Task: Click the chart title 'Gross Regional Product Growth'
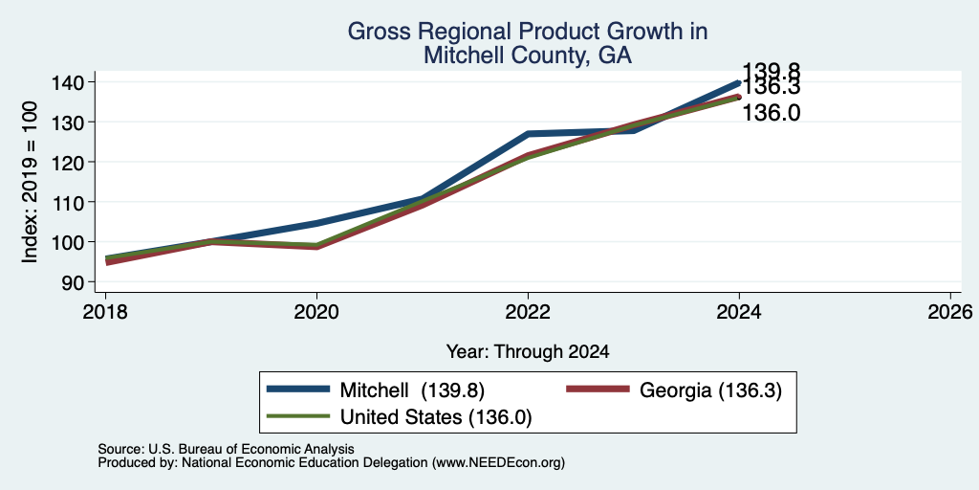[x=527, y=32]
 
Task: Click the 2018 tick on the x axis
[x=105, y=312]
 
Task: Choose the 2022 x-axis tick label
[x=528, y=312]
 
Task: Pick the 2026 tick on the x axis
[x=951, y=312]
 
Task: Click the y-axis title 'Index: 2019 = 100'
[x=30, y=183]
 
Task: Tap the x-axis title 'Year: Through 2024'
[x=528, y=352]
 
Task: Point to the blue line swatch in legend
[x=298, y=390]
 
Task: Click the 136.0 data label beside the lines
[x=772, y=113]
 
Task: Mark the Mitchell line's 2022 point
[x=528, y=134]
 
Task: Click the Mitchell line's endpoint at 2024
[x=739, y=82]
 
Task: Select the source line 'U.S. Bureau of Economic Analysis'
[x=226, y=449]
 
